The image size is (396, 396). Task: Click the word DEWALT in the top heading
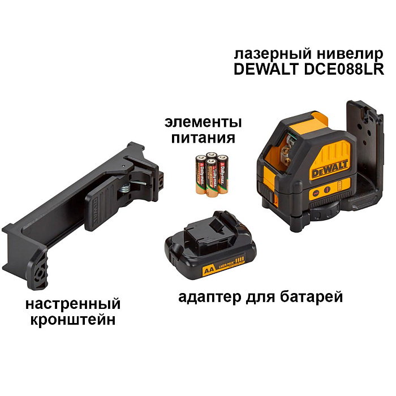coord(262,70)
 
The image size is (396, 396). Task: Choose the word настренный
coord(73,304)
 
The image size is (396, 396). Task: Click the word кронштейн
coord(73,320)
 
